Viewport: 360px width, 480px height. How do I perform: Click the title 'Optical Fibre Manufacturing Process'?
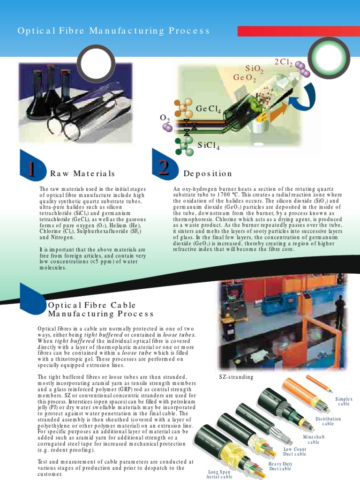[x=114, y=31]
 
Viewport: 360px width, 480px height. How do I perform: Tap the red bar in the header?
[x=298, y=31]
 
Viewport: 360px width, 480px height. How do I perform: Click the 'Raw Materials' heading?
[x=82, y=174]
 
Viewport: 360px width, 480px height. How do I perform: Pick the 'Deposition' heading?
[x=208, y=174]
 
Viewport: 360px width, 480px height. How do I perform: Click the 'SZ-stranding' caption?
[x=236, y=377]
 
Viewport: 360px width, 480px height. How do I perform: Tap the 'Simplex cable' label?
[x=344, y=401]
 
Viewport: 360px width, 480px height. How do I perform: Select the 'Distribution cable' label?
[x=328, y=421]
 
